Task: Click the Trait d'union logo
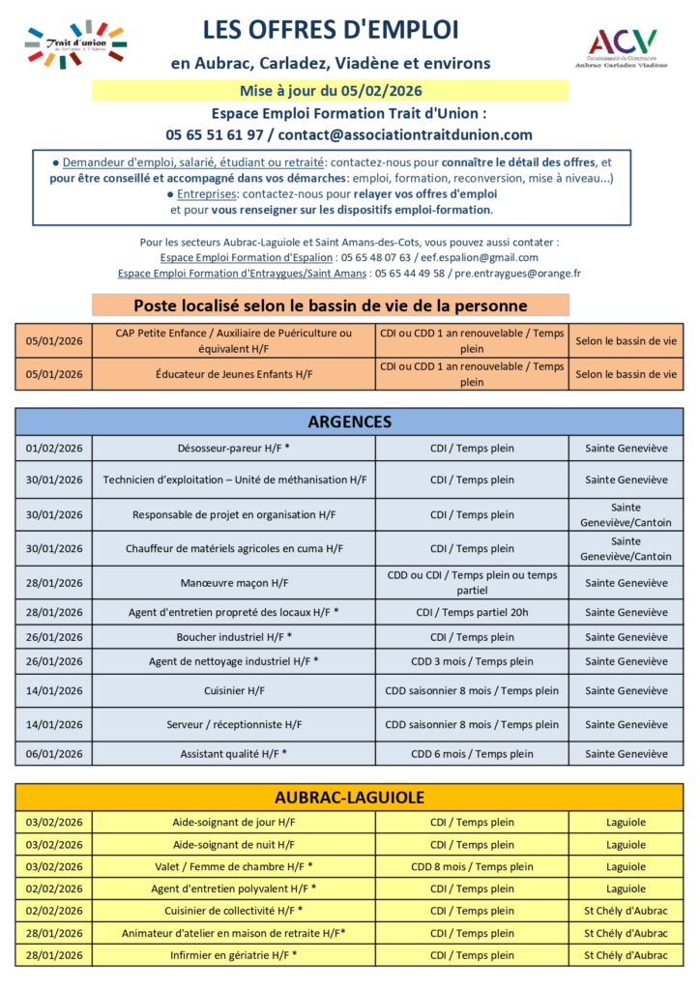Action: click(x=76, y=45)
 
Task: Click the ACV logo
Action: click(x=624, y=47)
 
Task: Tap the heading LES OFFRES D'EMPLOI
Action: click(x=331, y=30)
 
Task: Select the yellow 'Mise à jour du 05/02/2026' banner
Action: click(x=331, y=91)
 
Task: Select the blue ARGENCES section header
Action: click(x=349, y=422)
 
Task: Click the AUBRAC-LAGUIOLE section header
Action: click(x=349, y=798)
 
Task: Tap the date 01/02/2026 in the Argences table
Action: click(x=54, y=449)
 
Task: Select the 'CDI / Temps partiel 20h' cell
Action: click(x=472, y=612)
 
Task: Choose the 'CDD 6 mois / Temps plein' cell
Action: click(x=472, y=754)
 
